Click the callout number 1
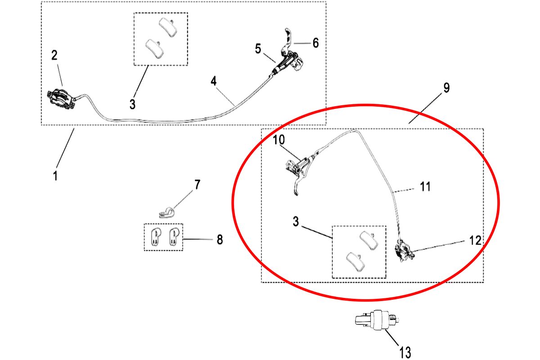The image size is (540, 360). (x=55, y=176)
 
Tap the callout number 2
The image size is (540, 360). (x=54, y=55)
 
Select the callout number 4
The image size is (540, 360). (x=213, y=81)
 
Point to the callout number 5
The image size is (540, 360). (x=258, y=49)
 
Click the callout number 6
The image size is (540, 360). (x=315, y=43)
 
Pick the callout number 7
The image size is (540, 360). (x=198, y=184)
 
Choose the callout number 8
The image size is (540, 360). (x=220, y=240)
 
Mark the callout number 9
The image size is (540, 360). (x=446, y=88)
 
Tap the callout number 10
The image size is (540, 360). (x=279, y=139)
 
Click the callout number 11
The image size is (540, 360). (x=425, y=186)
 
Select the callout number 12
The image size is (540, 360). (x=475, y=240)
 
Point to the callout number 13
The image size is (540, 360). (x=405, y=352)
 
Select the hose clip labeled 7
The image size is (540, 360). (x=167, y=213)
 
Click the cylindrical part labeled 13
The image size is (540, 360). (x=377, y=320)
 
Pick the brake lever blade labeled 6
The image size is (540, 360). (x=288, y=40)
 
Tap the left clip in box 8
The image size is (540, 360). (x=155, y=237)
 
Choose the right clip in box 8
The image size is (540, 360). (x=174, y=237)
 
